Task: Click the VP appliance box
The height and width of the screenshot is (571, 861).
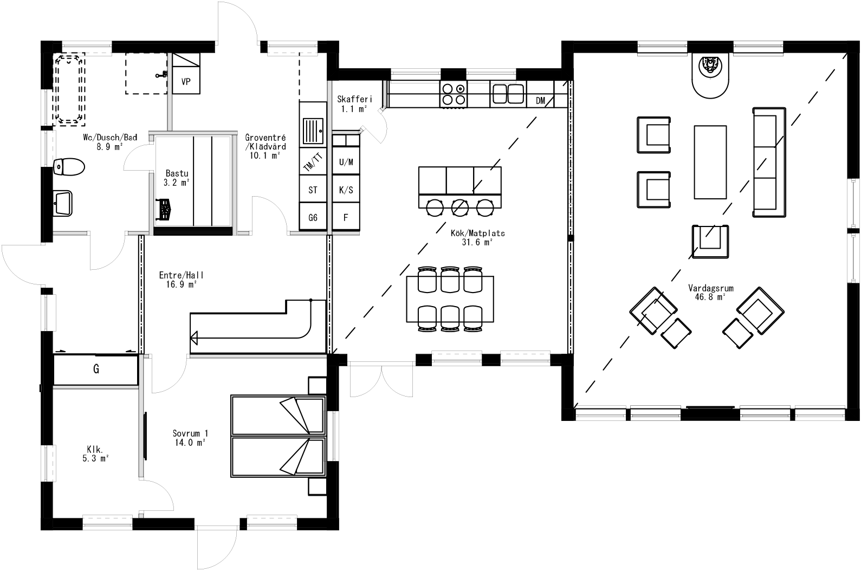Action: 186,82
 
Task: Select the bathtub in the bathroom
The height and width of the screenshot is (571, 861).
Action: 69,89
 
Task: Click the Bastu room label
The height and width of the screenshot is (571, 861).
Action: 177,178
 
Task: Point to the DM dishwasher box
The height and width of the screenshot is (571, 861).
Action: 540,100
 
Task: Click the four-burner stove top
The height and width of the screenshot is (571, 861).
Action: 454,94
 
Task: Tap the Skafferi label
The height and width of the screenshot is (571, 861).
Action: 354,103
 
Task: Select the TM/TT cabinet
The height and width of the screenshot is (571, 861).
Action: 313,162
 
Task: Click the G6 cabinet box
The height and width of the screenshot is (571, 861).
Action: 313,218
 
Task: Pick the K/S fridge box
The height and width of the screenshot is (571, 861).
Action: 346,190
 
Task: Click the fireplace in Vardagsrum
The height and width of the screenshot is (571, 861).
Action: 710,76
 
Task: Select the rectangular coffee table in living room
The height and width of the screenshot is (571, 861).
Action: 710,162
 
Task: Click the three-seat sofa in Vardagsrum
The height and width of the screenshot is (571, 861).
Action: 768,162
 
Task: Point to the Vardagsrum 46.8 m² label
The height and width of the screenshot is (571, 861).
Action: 710,292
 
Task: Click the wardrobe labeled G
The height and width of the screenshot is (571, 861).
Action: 96,369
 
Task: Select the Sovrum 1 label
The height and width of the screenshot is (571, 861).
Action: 190,437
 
